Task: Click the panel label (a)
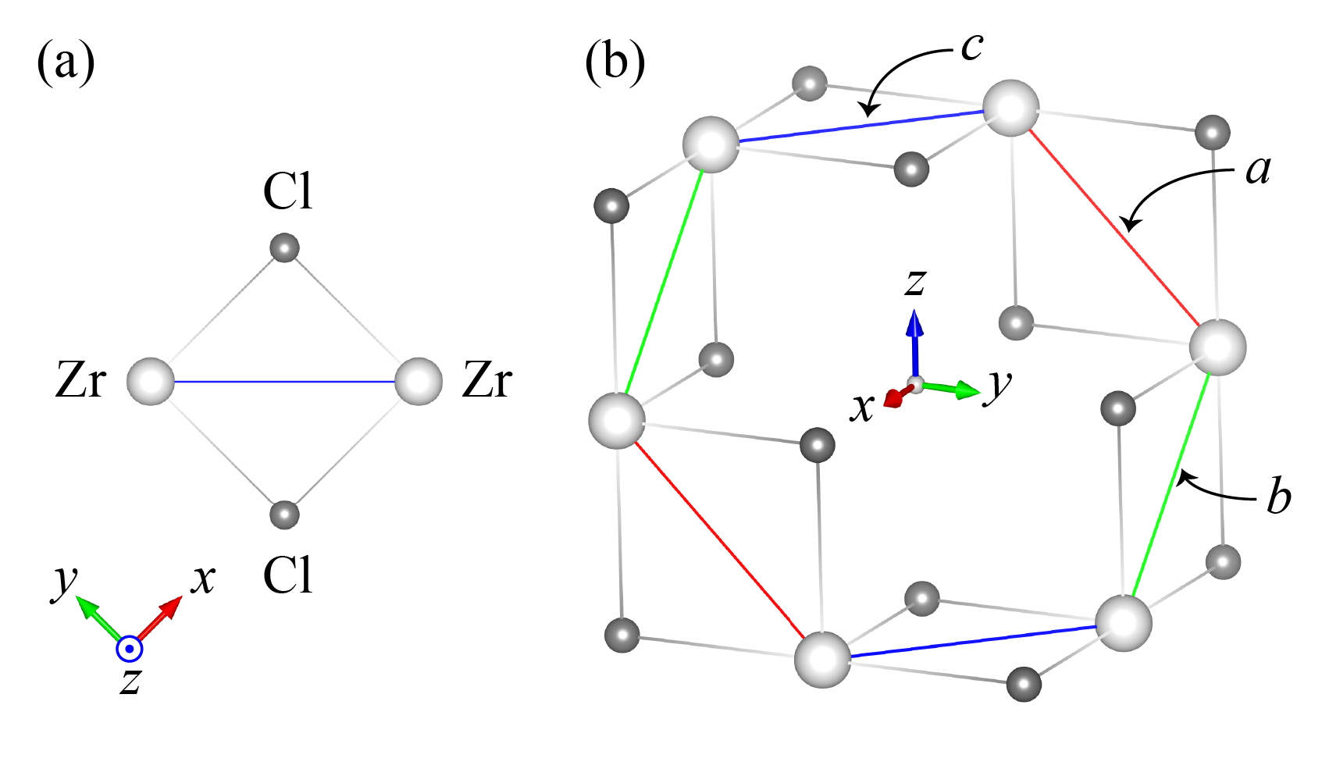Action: [x=66, y=62]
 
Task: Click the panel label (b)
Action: [x=615, y=62]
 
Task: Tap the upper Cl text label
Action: [x=287, y=191]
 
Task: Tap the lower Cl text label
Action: [x=287, y=576]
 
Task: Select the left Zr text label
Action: [x=80, y=382]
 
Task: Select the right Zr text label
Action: [x=487, y=382]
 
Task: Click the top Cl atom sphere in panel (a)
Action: [x=284, y=248]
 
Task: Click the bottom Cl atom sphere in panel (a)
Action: [x=284, y=514]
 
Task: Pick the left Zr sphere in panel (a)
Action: [x=151, y=382]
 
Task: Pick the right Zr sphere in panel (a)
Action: [x=419, y=382]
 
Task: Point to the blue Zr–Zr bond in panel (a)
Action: [x=285, y=382]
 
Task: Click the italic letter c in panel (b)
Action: [x=971, y=47]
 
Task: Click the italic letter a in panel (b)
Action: [x=1258, y=169]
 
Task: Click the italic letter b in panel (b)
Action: [x=1278, y=497]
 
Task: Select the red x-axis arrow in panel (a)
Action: [x=162, y=618]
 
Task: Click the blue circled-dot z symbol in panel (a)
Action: [x=129, y=649]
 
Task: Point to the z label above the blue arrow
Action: [x=915, y=283]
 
